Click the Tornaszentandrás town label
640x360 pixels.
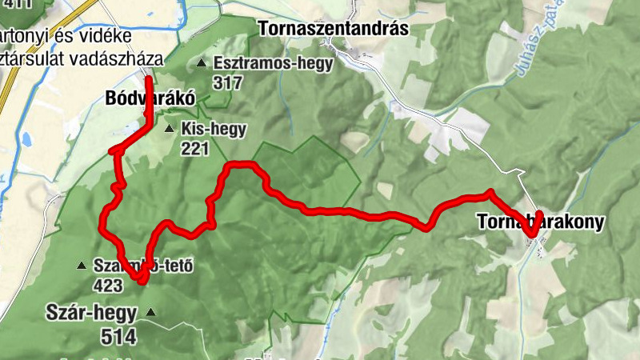[x=334, y=29]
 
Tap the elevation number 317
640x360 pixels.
[x=228, y=82]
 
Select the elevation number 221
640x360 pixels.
[x=194, y=148]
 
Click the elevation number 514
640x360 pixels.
[x=118, y=336]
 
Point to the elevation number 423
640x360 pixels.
[x=109, y=285]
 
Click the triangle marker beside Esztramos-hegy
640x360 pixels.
[x=200, y=62]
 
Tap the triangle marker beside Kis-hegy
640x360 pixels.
[x=168, y=128]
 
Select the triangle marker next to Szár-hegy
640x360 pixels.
[x=150, y=313]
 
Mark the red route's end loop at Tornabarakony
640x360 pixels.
[x=534, y=224]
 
